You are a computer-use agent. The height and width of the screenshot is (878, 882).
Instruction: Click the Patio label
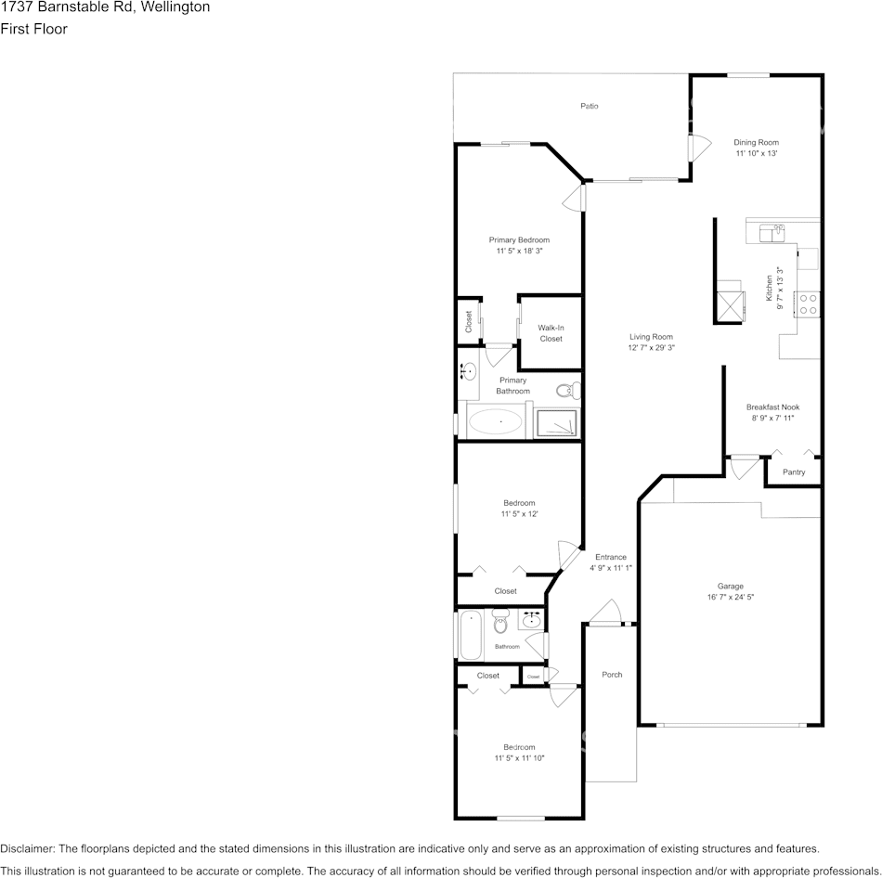[x=590, y=106]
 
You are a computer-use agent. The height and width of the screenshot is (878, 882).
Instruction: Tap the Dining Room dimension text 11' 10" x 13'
[x=757, y=154]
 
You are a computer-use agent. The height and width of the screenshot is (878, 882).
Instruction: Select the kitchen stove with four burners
[x=808, y=303]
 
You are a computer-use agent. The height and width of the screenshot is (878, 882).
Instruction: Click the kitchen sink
[x=772, y=232]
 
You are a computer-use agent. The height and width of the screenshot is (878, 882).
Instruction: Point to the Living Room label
[x=651, y=337]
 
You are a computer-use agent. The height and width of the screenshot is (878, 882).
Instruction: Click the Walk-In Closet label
[x=551, y=333]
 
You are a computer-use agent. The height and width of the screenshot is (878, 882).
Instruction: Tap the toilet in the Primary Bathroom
[x=564, y=391]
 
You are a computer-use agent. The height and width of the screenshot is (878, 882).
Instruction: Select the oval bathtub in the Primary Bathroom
[x=495, y=423]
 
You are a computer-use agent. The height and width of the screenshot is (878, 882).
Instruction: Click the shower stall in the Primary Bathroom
[x=559, y=423]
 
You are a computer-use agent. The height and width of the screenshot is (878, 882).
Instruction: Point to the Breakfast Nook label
[x=772, y=407]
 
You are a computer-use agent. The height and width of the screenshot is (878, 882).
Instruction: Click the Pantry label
[x=794, y=472]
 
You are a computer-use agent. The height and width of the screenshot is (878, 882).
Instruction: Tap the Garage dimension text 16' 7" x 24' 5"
[x=730, y=598]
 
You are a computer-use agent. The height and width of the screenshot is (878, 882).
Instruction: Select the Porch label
[x=612, y=675]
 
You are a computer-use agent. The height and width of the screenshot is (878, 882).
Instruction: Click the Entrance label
[x=611, y=557]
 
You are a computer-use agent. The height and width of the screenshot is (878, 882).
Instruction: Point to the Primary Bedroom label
[x=519, y=239]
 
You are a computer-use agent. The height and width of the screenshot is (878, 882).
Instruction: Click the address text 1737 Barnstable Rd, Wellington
[x=105, y=7]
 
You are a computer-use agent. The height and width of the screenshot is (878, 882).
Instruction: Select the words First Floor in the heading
[x=33, y=29]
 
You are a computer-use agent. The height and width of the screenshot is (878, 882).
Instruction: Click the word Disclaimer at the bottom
[x=27, y=848]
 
